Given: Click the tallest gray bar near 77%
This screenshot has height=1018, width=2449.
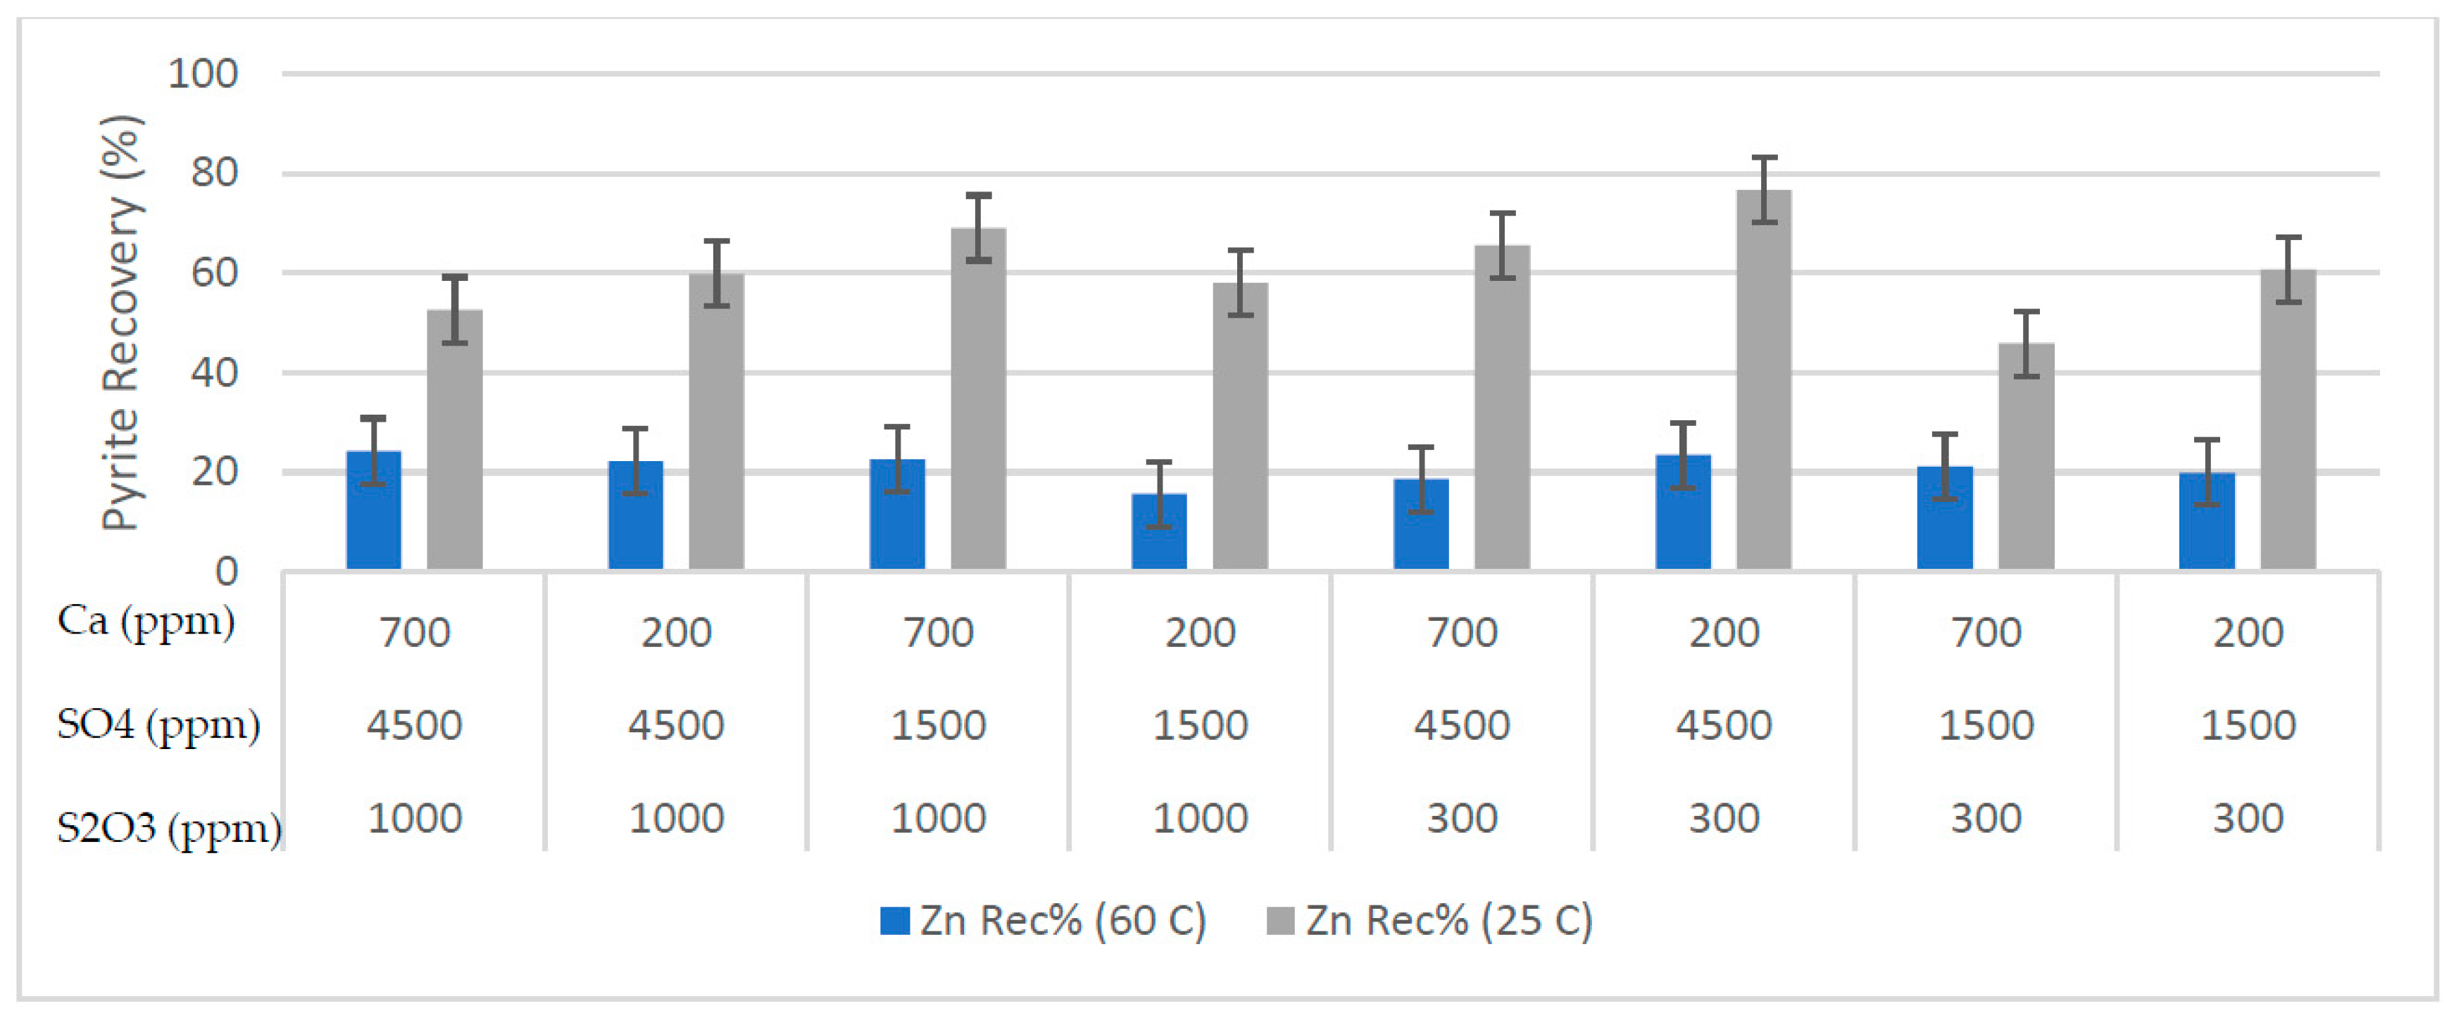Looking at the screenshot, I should tap(1764, 380).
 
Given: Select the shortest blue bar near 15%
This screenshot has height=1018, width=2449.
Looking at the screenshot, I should tap(1159, 532).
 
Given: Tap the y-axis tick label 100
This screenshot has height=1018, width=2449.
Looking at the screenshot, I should tap(203, 74).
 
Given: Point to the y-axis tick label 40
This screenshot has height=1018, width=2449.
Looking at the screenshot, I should tap(214, 372).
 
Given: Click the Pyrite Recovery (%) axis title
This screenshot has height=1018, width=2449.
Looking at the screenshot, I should tap(122, 323).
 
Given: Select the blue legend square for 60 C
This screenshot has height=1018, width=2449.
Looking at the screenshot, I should tap(894, 921).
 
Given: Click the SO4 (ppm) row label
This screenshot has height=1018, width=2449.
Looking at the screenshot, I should tap(158, 725).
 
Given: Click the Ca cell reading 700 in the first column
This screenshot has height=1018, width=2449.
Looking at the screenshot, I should tap(415, 633).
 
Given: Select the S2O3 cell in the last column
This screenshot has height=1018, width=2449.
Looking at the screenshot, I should tap(2248, 818).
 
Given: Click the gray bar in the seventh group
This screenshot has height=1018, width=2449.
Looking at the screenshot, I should tap(2026, 457).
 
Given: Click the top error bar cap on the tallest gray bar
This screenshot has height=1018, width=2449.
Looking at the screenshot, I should tap(1764, 158).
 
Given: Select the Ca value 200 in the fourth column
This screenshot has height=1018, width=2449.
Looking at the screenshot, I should tap(1200, 633).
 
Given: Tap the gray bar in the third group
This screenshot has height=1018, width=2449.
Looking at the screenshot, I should tap(978, 399).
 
